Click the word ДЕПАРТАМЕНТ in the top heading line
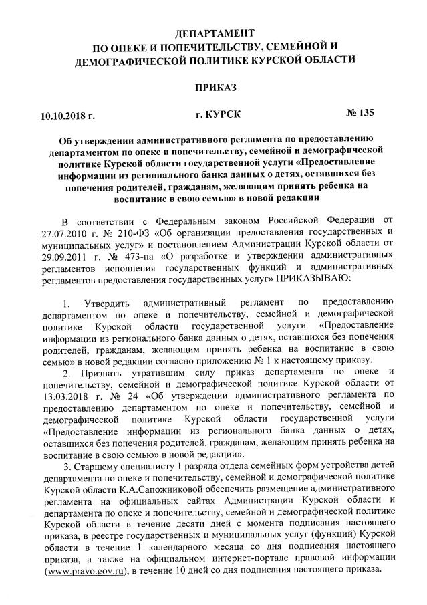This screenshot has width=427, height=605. point(214,33)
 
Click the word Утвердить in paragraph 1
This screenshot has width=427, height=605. point(108,306)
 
